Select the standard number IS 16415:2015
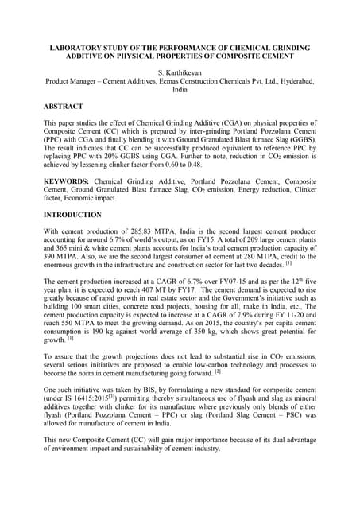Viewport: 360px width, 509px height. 90,424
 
